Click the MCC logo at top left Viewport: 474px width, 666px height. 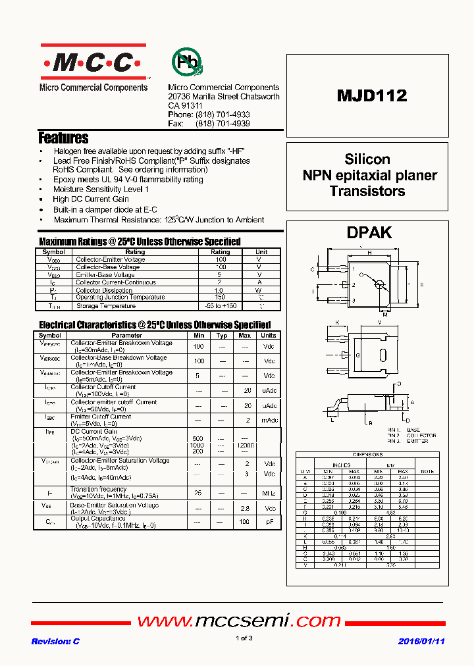(x=93, y=63)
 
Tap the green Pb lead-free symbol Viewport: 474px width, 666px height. (x=187, y=62)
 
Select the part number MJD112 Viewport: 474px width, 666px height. (x=372, y=96)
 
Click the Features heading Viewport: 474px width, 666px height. (x=63, y=138)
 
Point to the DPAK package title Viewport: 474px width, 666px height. (x=369, y=232)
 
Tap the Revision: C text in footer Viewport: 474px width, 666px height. (x=55, y=641)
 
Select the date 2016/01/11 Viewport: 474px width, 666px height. (x=421, y=641)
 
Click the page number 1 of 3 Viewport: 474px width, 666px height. (x=244, y=638)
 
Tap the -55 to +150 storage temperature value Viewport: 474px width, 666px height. (x=220, y=305)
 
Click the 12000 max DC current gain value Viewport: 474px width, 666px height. (x=245, y=446)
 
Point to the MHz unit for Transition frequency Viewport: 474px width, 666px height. (x=269, y=492)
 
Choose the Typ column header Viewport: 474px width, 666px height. (x=222, y=336)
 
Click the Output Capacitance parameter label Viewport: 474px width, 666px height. (x=97, y=519)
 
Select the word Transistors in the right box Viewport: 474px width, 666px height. (x=367, y=192)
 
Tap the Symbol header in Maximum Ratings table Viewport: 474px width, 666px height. (x=53, y=252)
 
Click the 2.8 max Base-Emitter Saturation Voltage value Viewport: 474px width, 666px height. (x=245, y=509)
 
